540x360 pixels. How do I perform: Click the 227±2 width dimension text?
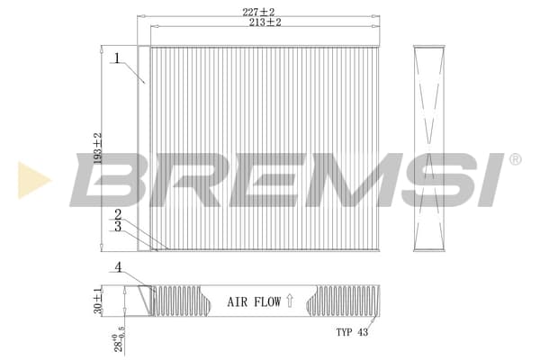click(258, 12)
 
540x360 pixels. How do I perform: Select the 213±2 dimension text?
click(265, 22)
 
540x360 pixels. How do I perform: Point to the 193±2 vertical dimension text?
click(98, 148)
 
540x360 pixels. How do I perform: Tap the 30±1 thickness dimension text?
click(98, 300)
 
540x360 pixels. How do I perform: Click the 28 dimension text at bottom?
click(119, 338)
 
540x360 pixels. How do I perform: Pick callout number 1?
click(117, 58)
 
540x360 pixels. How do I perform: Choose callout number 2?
click(118, 215)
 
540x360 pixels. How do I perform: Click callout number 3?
click(118, 226)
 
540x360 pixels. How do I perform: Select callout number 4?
click(118, 267)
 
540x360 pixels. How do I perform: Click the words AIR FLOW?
click(254, 302)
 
